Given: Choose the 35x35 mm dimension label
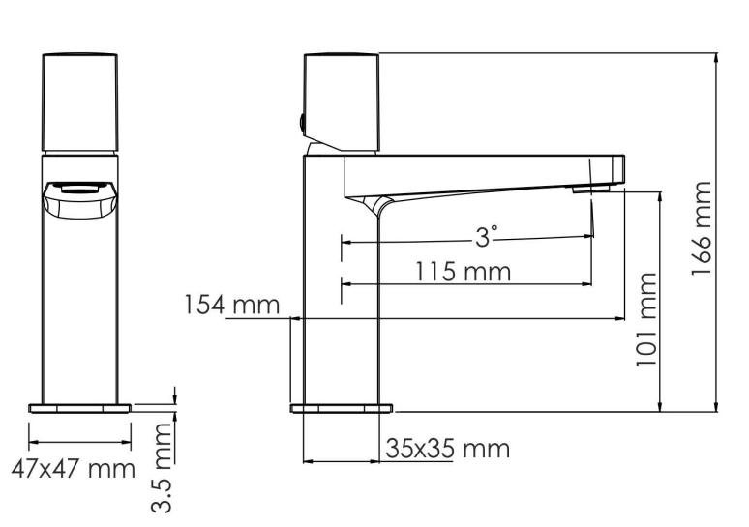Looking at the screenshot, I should [447, 450].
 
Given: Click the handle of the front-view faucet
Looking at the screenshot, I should [80, 101].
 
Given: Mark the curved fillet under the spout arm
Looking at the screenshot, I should [376, 202].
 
